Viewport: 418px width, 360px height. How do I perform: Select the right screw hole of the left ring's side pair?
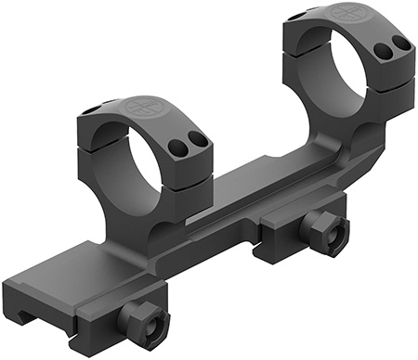coord(197,138)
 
